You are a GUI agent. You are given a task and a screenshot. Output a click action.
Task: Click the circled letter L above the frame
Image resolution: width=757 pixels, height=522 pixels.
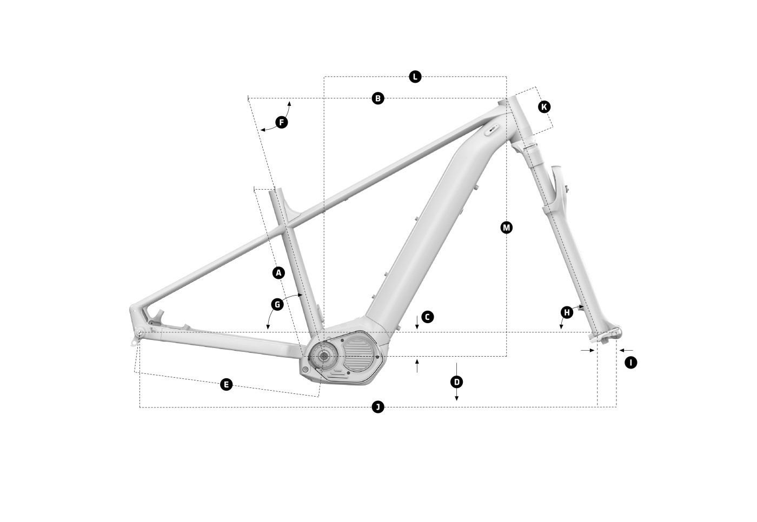click(415, 77)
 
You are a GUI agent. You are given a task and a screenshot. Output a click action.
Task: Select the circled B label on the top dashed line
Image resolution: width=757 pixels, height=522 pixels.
click(378, 98)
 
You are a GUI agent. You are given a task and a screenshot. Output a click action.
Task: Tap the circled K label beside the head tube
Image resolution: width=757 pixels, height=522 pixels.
click(544, 107)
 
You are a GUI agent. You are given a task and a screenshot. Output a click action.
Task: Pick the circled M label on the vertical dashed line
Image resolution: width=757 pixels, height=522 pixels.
click(506, 227)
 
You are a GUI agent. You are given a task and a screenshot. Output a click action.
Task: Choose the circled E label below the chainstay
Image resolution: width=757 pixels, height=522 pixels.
click(226, 384)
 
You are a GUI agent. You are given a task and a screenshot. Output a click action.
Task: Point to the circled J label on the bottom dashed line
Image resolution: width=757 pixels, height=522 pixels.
click(378, 407)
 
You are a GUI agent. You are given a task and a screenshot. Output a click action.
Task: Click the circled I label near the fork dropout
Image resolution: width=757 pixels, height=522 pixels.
click(630, 363)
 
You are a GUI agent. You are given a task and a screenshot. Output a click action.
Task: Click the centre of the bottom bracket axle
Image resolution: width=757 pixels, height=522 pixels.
click(324, 356)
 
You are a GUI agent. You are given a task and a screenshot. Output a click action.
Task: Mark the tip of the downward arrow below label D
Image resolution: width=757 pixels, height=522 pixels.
click(456, 401)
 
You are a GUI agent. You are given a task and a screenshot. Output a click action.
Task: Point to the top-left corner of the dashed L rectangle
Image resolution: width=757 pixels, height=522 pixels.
click(324, 77)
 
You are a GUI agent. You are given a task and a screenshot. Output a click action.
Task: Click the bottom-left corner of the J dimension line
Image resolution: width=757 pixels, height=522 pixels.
click(140, 407)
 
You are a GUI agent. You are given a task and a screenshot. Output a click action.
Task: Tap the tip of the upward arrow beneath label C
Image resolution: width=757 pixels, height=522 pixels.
click(417, 359)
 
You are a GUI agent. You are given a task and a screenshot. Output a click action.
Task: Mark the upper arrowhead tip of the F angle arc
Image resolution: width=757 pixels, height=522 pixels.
click(289, 101)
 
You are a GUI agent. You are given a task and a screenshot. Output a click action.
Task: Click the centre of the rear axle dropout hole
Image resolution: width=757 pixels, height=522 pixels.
click(140, 333)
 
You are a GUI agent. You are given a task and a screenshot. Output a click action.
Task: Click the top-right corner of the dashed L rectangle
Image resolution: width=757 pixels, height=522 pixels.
click(506, 77)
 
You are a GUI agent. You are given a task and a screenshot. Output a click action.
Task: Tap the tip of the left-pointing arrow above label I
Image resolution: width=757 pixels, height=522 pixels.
click(620, 350)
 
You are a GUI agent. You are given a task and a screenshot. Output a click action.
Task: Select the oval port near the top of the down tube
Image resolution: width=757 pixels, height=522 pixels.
click(492, 130)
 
